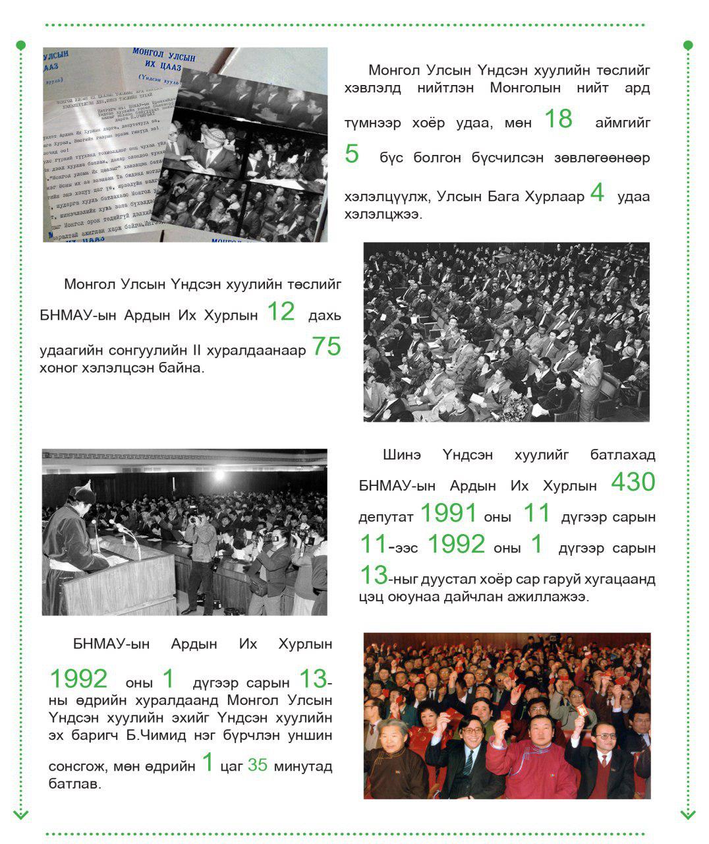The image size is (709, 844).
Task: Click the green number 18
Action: pos(558,119)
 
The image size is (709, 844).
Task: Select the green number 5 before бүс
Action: pos(352,154)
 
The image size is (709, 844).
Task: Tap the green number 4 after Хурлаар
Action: pos(597,193)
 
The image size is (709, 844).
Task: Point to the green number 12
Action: pos(281,311)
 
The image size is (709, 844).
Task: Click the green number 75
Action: pos(326,346)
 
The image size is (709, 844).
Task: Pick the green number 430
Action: pos(633,482)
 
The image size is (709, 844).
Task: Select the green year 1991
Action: pos(448,513)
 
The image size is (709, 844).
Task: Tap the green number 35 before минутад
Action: pos(258,765)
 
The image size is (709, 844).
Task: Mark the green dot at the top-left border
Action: pos(20,45)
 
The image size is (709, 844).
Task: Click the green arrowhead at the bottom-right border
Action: pos(688,815)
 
